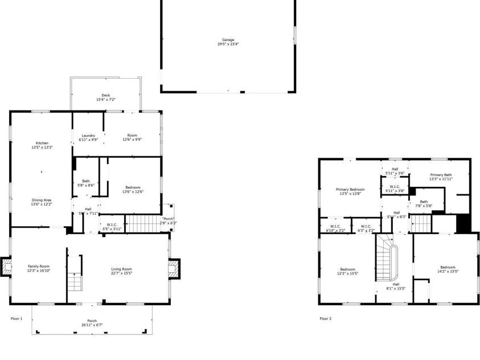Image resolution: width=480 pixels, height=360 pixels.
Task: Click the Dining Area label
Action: (x=42, y=202)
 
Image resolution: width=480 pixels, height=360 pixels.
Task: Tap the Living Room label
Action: (x=121, y=271)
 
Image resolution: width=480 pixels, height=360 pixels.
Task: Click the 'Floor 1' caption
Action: (x=17, y=318)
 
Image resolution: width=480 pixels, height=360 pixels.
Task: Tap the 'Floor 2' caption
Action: (x=325, y=318)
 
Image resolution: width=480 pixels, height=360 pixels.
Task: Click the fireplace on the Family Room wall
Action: (x=6, y=267)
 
